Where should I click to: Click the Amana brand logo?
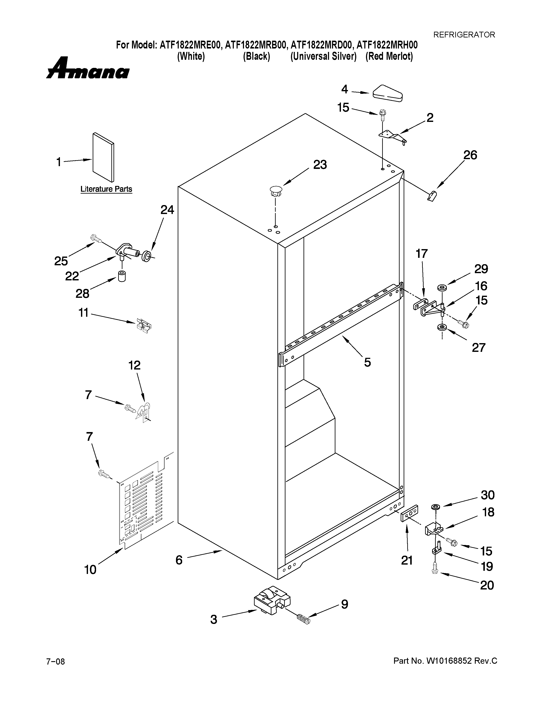88,68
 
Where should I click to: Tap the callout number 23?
320,165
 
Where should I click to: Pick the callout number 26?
470,155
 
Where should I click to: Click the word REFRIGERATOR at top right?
464,35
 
